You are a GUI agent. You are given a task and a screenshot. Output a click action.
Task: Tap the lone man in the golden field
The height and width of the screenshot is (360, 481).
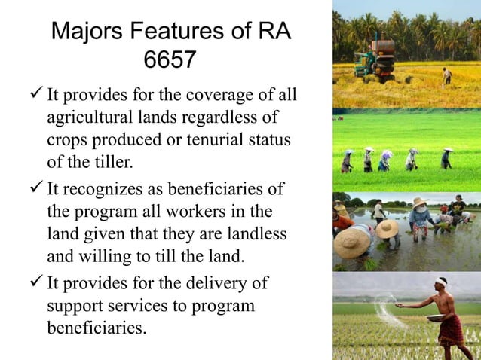click(x=446, y=75)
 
